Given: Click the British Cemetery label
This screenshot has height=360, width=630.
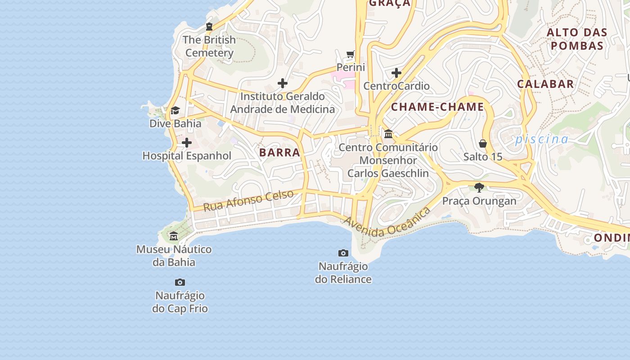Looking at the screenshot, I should (x=209, y=46).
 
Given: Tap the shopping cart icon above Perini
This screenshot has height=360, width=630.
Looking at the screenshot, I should (x=351, y=54).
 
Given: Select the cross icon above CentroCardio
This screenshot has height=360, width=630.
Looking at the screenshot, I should (x=396, y=73).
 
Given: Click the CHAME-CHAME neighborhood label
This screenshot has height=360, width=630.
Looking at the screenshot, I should (x=437, y=107).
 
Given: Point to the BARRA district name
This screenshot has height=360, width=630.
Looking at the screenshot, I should (x=279, y=153).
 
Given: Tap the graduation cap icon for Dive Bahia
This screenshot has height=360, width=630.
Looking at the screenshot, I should (x=175, y=110).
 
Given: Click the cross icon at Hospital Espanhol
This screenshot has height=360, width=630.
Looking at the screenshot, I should (x=187, y=143).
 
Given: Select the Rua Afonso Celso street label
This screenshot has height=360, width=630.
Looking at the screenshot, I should (x=248, y=201).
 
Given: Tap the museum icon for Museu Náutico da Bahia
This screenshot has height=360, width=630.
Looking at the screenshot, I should (x=174, y=236).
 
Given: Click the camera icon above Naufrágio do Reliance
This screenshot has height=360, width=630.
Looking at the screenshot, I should (x=343, y=253).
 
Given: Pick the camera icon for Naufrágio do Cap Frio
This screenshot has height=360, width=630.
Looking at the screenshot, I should (x=180, y=282).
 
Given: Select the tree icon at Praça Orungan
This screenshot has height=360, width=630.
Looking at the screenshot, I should (x=479, y=187).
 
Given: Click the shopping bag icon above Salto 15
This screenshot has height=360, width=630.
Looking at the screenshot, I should (x=483, y=144).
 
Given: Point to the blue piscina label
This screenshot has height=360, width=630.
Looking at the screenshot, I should (x=542, y=139).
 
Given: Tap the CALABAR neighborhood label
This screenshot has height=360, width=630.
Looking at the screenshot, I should (x=545, y=84).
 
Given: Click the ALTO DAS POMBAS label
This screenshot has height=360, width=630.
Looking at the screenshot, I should (x=577, y=39).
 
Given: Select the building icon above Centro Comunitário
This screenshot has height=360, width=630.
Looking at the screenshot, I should (x=388, y=134).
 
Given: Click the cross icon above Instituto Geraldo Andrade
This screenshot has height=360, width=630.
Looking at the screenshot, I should (x=283, y=83).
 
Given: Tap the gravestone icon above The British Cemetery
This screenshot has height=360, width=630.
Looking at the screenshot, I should (x=209, y=27).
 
